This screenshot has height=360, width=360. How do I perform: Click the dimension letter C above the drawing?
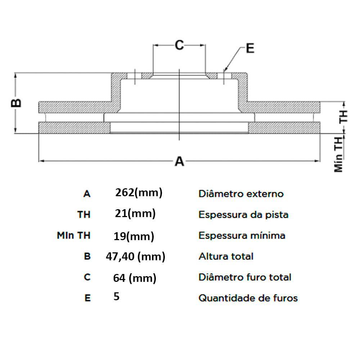pos(179,45)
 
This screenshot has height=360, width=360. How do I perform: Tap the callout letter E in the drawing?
pos(250,48)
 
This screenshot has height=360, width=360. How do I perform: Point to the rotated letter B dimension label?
pos(16,103)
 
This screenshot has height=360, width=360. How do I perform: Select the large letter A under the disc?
pos(179,161)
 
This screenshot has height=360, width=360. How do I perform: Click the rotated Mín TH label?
pos(338,154)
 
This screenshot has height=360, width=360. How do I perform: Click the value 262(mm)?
pos(139,193)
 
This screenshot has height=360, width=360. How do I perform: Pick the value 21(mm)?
pos(135,213)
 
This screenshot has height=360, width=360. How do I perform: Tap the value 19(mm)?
pos(134,236)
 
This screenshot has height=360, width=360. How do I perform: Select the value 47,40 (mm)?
pos(135,257)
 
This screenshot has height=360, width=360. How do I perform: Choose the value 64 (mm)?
pos(135,278)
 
